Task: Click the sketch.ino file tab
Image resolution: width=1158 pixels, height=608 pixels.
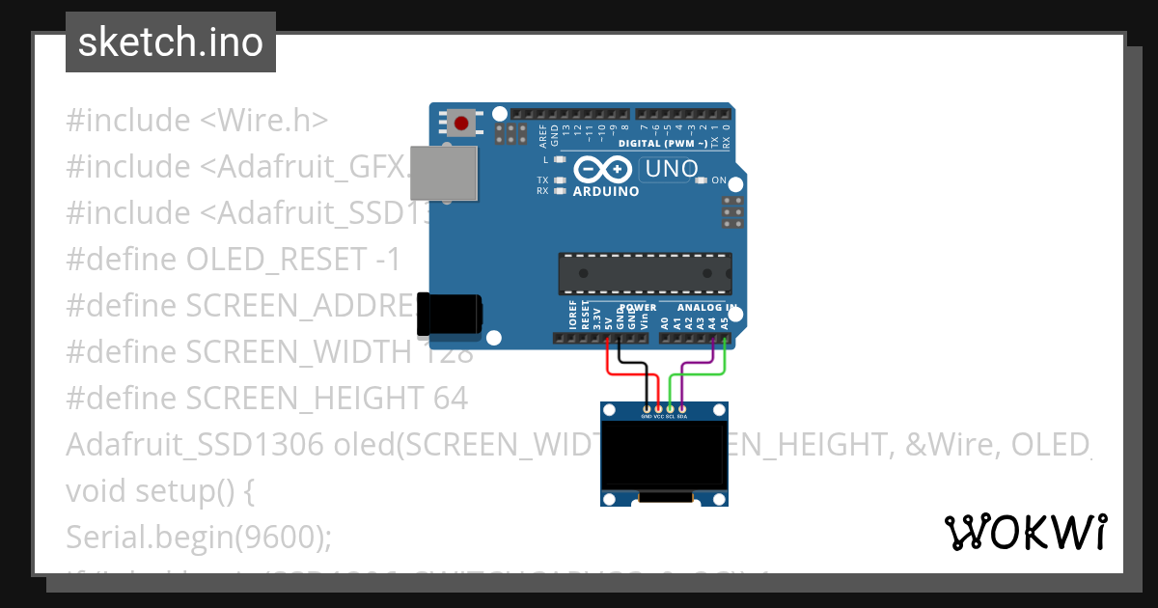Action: tap(171, 42)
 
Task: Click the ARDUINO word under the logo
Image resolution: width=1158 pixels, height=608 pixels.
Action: tap(606, 191)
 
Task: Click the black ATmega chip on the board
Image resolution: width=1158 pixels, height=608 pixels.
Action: tap(645, 273)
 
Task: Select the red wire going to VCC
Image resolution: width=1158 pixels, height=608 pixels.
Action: tap(607, 362)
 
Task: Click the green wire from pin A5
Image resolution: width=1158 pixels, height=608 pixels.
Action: tap(725, 362)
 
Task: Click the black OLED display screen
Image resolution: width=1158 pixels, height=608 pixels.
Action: tap(664, 455)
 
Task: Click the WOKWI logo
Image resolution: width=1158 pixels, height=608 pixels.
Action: tap(1026, 532)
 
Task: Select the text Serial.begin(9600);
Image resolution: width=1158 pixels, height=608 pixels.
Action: tap(198, 537)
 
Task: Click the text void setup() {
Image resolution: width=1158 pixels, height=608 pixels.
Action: tap(159, 490)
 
